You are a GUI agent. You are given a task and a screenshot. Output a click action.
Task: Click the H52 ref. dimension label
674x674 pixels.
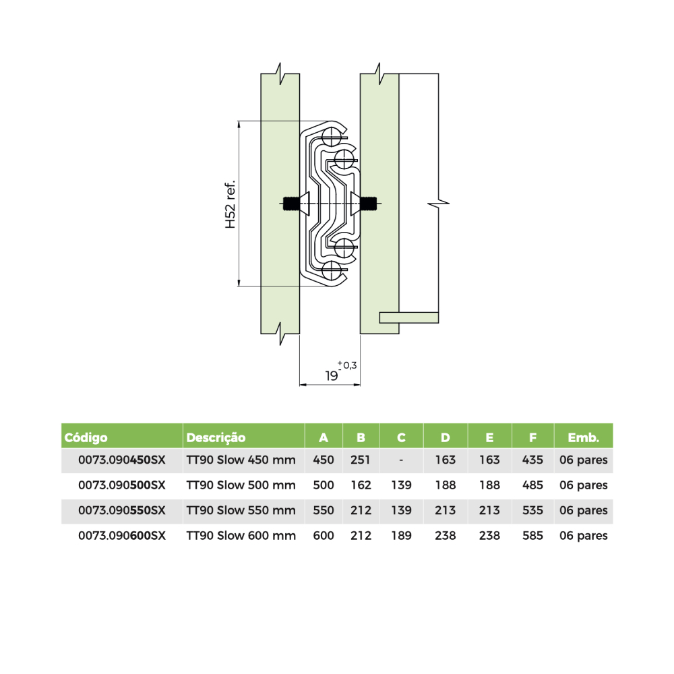231,204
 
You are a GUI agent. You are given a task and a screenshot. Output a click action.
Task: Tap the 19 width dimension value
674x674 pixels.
331,375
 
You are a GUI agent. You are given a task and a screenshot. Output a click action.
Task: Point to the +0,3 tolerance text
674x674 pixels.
348,365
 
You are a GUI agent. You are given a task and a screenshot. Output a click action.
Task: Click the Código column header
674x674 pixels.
86,437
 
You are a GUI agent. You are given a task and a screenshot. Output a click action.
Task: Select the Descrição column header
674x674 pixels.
216,437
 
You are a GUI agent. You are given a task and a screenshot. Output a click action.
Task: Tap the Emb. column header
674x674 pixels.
583,437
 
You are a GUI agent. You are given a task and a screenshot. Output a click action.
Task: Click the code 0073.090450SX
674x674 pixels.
121,460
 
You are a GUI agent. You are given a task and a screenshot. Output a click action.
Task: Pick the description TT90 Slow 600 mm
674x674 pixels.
241,536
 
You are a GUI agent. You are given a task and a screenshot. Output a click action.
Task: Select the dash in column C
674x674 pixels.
401,460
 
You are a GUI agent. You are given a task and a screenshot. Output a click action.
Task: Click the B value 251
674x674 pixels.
361,460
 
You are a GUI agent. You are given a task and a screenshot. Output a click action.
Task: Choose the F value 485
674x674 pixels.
532,485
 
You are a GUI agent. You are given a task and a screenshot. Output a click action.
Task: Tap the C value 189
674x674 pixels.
401,536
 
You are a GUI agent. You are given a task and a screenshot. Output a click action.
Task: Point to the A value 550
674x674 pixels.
324,510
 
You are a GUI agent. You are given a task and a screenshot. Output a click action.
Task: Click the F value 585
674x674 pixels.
532,536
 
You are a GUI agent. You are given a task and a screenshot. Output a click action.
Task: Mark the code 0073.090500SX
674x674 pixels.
121,485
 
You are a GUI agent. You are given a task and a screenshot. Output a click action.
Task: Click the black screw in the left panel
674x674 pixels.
291,204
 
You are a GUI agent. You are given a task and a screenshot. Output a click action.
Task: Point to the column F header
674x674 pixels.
532,437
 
